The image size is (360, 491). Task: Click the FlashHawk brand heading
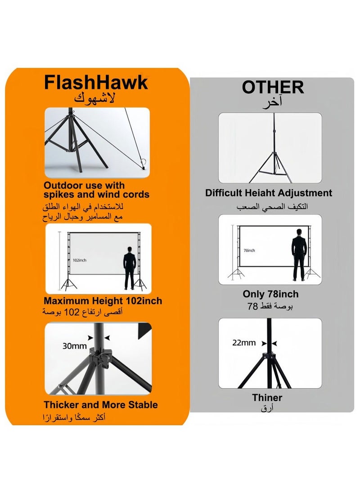96,83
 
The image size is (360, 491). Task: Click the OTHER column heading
273,87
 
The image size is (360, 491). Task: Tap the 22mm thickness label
244,343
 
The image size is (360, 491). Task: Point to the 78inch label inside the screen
249,250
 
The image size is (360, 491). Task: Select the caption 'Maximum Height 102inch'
103,301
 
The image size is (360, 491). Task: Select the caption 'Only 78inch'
270,294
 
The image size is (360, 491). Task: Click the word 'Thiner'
267,397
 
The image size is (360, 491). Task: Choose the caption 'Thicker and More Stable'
101,405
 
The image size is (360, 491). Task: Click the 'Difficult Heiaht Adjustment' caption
269,193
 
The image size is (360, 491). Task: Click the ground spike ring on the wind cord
144,163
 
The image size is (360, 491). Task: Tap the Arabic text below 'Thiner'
267,408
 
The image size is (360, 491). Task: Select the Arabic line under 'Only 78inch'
270,307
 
